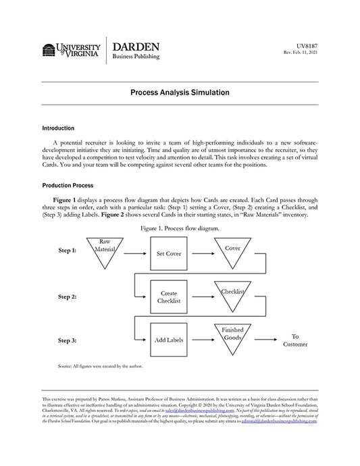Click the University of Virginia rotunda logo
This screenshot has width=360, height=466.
(49, 50)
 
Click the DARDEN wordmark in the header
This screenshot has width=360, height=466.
(136, 47)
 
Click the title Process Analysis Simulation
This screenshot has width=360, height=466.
(180, 93)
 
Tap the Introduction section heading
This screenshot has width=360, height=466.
(58, 128)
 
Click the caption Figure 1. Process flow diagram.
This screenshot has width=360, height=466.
(180, 229)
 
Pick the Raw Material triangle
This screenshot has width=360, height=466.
(105, 250)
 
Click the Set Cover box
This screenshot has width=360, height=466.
(168, 254)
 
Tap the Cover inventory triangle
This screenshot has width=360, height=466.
(232, 252)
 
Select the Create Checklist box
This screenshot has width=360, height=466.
(168, 298)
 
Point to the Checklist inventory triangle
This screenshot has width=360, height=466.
(232, 296)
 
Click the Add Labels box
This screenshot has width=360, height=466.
(168, 340)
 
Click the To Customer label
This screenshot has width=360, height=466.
(295, 340)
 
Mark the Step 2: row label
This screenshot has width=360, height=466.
(67, 296)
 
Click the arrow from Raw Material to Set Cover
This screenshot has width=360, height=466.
(134, 253)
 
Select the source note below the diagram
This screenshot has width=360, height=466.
(100, 367)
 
